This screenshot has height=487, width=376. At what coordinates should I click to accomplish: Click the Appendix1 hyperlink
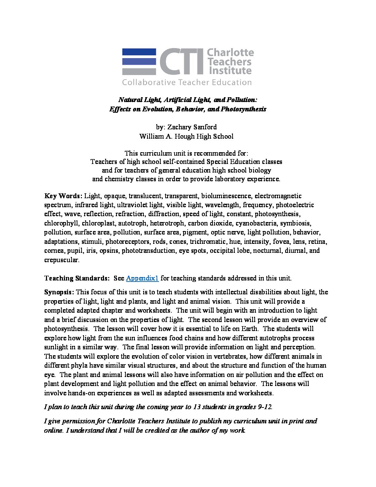(x=142, y=278)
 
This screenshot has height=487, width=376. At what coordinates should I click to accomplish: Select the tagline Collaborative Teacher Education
(x=187, y=82)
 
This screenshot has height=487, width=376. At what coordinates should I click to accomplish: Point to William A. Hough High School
(x=187, y=136)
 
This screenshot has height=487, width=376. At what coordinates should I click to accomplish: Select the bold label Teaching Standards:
(x=77, y=278)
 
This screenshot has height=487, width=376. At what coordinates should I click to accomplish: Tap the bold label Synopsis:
(x=59, y=292)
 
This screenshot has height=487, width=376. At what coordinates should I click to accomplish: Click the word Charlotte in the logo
(x=230, y=53)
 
